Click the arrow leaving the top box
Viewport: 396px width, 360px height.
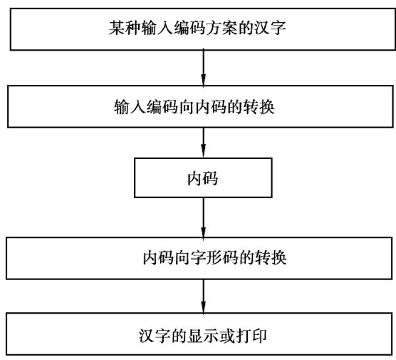click(x=203, y=68)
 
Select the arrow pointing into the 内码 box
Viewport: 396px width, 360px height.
click(x=203, y=143)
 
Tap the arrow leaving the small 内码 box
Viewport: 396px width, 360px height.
click(x=203, y=217)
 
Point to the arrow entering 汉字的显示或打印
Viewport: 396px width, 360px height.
click(x=203, y=296)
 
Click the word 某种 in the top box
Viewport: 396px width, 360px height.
click(x=125, y=28)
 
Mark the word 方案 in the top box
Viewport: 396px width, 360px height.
click(x=222, y=28)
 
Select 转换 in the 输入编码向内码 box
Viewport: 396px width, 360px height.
click(x=259, y=107)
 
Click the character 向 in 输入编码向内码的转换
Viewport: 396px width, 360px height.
click(x=187, y=107)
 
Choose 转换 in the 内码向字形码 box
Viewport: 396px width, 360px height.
click(x=271, y=258)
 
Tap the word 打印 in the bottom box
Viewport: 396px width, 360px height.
click(x=251, y=336)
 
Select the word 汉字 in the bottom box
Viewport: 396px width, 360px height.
click(x=155, y=336)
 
